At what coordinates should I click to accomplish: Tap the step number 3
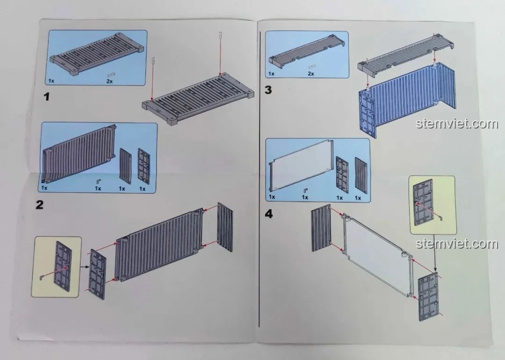tap(268, 90)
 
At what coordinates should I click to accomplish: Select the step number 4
tap(268, 214)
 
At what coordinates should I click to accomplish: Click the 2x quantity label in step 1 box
tap(109, 81)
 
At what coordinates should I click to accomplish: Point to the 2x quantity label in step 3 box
tap(311, 74)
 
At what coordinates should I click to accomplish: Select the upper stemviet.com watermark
tap(450, 124)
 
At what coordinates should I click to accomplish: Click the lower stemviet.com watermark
tap(450, 244)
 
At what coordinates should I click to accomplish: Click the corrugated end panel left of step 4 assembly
tap(320, 229)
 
